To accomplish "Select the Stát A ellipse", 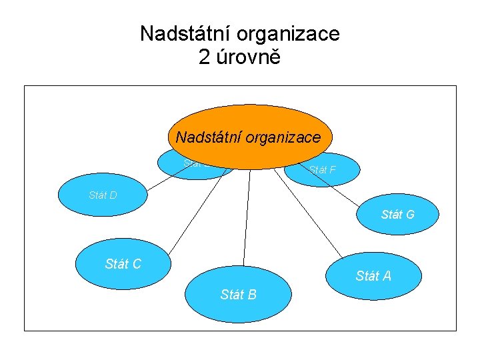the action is click(373, 275).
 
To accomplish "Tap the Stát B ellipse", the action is click(238, 295).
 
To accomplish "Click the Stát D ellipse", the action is click(100, 195).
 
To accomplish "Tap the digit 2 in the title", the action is click(204, 57).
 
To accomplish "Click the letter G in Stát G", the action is click(409, 215).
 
